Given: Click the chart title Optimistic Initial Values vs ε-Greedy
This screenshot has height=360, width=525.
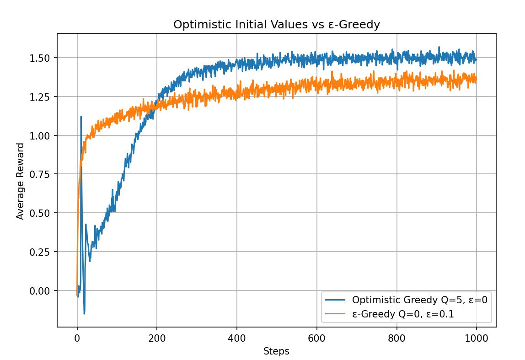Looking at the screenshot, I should click(x=276, y=25).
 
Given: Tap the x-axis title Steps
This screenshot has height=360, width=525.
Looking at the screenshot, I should click(x=276, y=351).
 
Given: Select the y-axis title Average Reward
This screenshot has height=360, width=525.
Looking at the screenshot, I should click(x=20, y=181).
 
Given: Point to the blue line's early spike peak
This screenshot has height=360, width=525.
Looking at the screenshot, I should click(x=81, y=116).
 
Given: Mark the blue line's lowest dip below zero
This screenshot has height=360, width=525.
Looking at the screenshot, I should click(x=84, y=314).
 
